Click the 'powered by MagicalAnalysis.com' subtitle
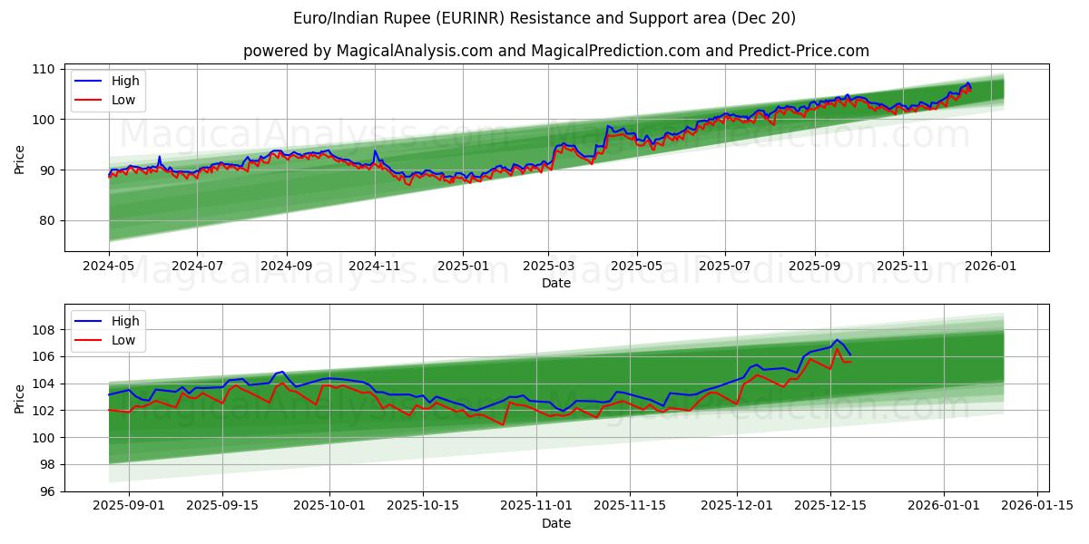coord(556,51)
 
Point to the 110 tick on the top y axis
coord(45,69)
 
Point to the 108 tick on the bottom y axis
coord(45,330)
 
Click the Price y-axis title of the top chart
coord(20,160)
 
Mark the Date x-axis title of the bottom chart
coord(556,524)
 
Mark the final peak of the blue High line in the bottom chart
coord(837,340)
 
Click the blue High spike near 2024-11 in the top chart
coord(375,151)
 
